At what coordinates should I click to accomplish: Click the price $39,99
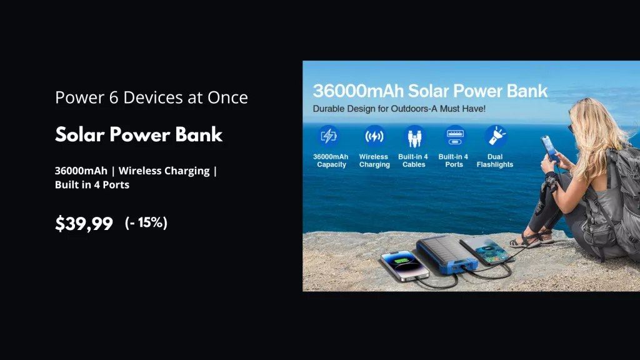click(84, 223)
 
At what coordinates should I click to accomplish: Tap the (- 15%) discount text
click(146, 222)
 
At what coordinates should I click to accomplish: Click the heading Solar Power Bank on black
click(139, 134)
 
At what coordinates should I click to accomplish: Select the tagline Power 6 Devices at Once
click(151, 97)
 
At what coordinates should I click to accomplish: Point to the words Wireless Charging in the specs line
click(164, 171)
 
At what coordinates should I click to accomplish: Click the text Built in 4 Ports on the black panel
click(92, 184)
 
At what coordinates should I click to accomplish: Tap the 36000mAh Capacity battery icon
click(329, 136)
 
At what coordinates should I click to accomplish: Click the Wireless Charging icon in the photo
click(374, 136)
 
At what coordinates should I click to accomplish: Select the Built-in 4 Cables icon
click(414, 136)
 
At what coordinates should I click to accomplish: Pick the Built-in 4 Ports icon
click(454, 136)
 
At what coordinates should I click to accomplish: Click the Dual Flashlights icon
click(496, 136)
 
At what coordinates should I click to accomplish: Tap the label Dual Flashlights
click(495, 161)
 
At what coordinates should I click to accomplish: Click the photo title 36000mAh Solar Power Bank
click(430, 91)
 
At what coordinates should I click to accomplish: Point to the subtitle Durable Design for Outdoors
click(399, 109)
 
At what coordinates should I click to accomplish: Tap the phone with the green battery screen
click(404, 264)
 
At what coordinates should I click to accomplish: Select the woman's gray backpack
click(612, 200)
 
